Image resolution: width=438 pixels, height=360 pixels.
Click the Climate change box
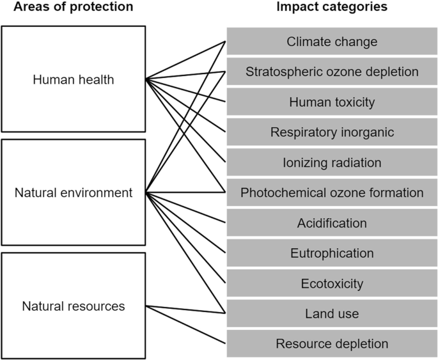[332, 42]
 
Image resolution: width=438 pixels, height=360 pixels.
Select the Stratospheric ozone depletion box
[332, 72]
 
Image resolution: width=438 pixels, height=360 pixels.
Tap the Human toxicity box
[332, 102]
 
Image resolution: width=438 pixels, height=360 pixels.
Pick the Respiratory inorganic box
[332, 132]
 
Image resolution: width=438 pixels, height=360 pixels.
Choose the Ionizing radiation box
[332, 162]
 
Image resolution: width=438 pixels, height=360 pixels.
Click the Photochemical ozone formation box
[332, 192]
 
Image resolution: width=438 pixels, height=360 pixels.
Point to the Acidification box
[332, 223]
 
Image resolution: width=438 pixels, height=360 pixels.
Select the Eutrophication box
[332, 253]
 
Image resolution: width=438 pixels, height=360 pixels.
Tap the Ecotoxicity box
[332, 283]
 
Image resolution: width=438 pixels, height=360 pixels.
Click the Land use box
[332, 313]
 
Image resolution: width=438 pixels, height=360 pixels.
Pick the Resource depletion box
[332, 344]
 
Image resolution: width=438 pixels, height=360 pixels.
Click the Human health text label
[73, 79]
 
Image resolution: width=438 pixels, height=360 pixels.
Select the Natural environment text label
[73, 192]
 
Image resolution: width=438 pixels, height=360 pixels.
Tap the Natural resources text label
[73, 306]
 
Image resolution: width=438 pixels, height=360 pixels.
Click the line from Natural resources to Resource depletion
[185, 325]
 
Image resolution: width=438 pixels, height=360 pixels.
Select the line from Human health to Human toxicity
[185, 90]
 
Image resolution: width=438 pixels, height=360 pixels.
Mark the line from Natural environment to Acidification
[185, 207]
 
